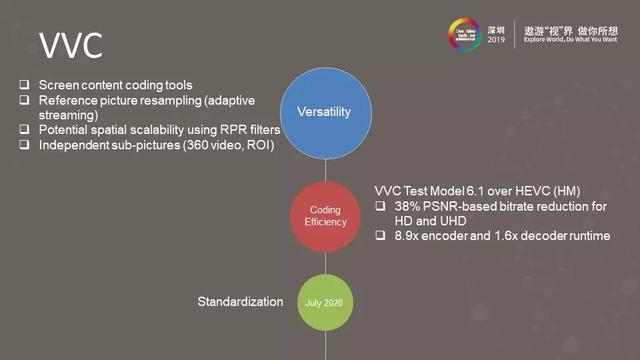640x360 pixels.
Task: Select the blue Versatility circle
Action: (x=324, y=111)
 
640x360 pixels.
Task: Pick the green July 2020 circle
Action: (x=324, y=300)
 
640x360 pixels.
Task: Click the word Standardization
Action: (x=241, y=300)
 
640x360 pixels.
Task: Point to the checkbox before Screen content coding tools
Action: (x=26, y=85)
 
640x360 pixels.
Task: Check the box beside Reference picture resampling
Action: (x=26, y=100)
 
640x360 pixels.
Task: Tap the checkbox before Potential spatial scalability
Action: (x=26, y=130)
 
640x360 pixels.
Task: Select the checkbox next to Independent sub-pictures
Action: (x=26, y=145)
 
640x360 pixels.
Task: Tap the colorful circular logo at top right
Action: (x=464, y=31)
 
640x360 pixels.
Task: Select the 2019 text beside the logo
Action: (x=495, y=38)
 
